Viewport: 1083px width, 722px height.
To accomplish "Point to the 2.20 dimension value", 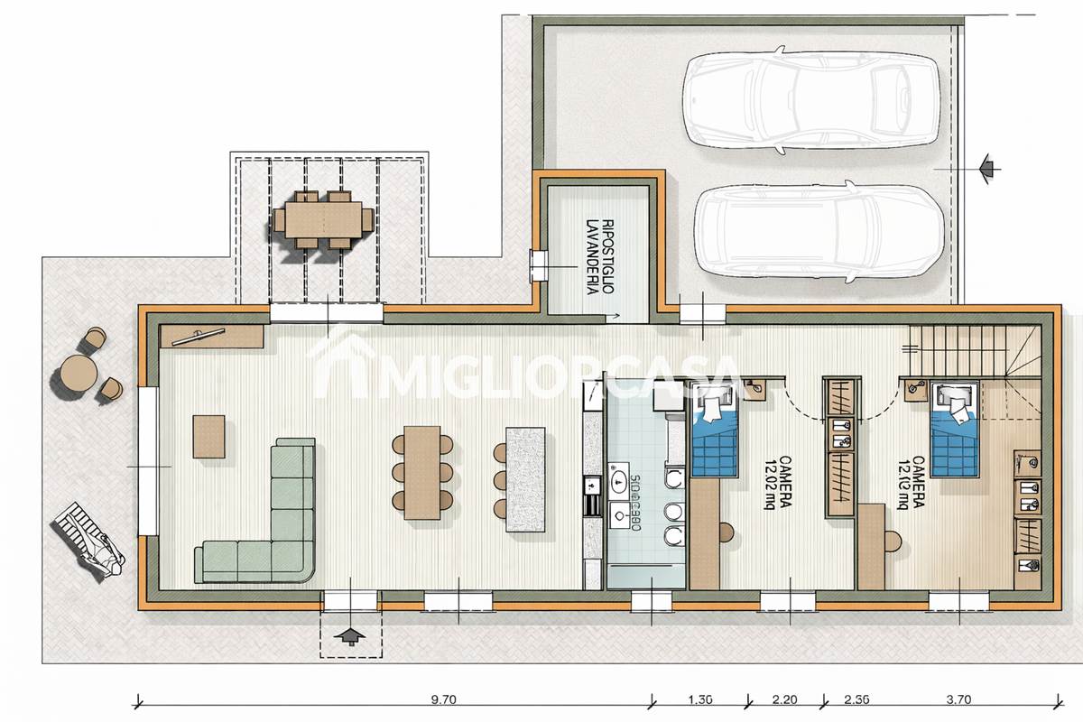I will point(784,699).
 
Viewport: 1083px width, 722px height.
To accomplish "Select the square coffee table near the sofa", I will point(209,436).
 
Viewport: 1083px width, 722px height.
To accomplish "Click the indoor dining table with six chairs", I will point(421,472).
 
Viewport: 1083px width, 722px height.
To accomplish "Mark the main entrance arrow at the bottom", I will point(350,635).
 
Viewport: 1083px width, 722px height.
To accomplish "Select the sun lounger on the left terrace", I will point(90,541).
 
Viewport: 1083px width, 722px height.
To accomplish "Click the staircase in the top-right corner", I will point(966,352).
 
